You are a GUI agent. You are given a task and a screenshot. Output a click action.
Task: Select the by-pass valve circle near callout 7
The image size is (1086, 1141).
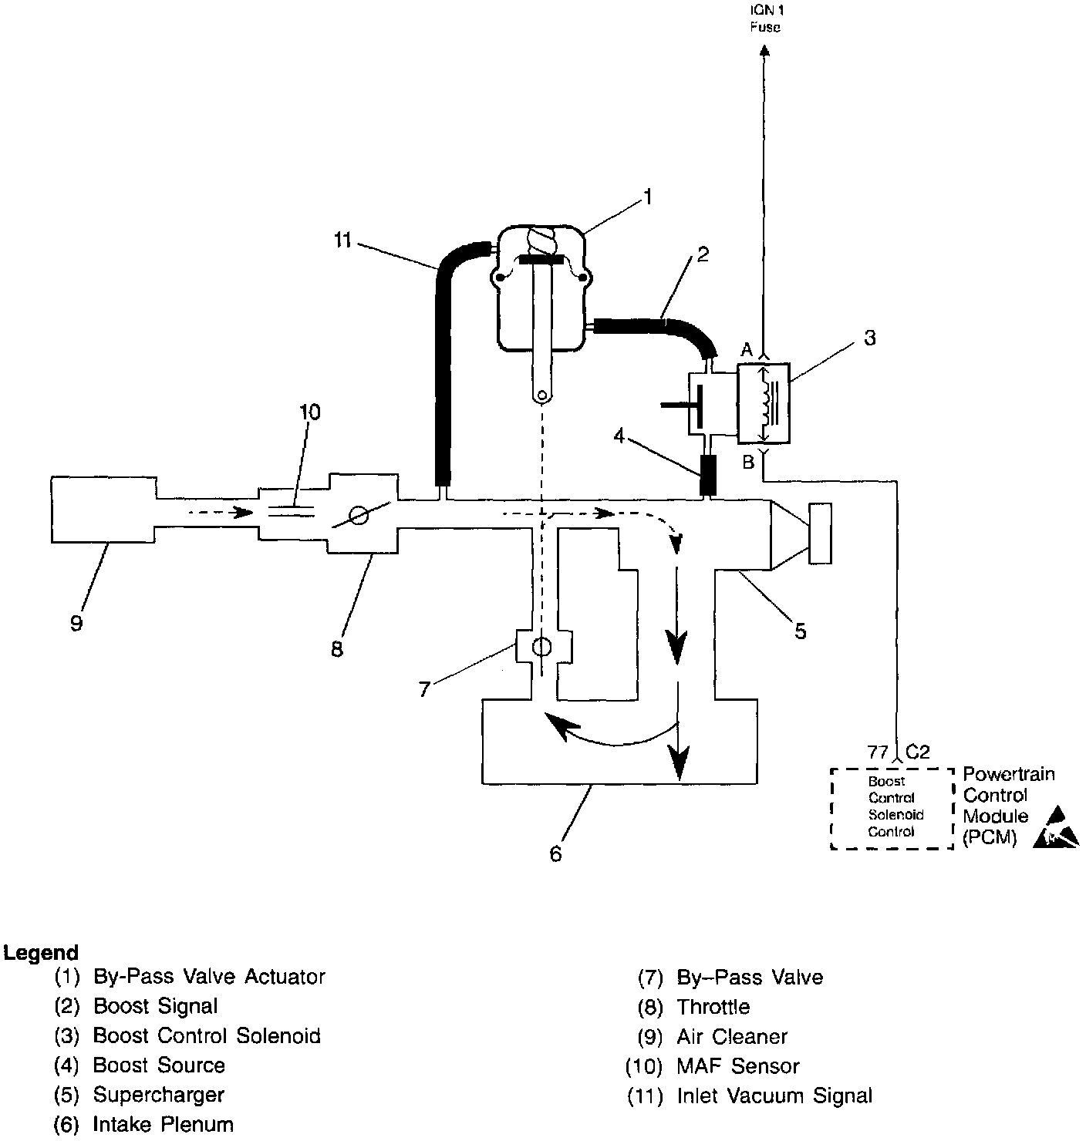coord(543,646)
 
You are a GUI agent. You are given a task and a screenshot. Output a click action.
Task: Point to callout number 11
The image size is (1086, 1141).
coord(343,241)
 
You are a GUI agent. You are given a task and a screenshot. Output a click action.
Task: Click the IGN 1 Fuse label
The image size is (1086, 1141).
coord(764,20)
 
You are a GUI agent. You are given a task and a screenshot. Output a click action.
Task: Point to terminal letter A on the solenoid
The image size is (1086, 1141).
coord(746,350)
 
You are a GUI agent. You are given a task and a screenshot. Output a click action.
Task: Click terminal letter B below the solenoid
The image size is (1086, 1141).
coord(747,463)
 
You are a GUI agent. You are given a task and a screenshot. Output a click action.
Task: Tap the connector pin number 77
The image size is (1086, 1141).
coord(878,752)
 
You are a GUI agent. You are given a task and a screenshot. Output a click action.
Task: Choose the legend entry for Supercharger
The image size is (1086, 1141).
coord(158,1095)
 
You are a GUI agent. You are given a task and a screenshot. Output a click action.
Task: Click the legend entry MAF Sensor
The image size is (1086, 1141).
coord(737,1066)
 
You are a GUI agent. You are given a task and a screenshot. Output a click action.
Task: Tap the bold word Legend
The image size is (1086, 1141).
coord(41,953)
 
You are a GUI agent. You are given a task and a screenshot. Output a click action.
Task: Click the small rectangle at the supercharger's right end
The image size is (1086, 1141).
coord(819,533)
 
